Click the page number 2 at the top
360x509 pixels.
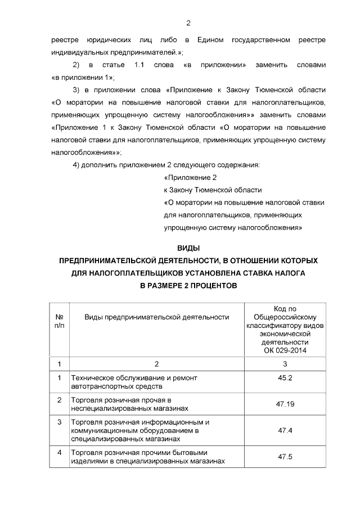188,23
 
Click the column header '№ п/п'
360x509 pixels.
58,321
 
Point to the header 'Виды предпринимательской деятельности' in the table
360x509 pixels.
156,317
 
